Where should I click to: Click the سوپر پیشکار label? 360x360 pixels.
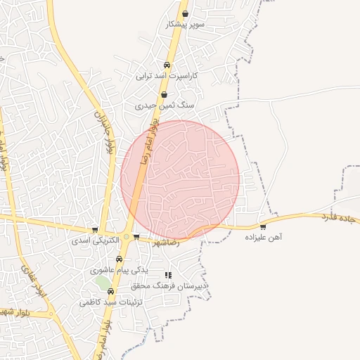[x=185, y=25]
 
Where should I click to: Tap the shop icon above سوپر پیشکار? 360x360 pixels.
[x=185, y=13]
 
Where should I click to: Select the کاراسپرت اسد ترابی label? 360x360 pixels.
[x=167, y=75]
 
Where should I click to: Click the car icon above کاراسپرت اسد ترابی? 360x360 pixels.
[x=167, y=64]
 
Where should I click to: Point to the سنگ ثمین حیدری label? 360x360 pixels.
[x=164, y=105]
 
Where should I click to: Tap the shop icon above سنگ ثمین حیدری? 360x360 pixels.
[x=164, y=95]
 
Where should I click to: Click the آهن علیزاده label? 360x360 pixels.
[x=263, y=238]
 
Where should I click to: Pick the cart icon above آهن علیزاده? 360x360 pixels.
[x=263, y=226]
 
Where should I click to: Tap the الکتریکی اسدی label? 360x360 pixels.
[x=96, y=240]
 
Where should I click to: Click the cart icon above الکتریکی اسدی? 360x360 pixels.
[x=95, y=230]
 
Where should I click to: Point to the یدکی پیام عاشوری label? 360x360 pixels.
[x=119, y=270]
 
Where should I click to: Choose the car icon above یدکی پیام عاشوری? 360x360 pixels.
[x=119, y=259]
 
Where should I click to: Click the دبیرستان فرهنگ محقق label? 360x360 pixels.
[x=168, y=286]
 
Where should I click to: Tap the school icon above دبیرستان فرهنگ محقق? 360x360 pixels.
[x=167, y=275]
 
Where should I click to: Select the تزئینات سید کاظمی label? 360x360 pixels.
[x=110, y=302]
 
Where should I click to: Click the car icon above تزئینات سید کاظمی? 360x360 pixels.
[x=110, y=291]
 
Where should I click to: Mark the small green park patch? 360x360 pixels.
[x=103, y=282]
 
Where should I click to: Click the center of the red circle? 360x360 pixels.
[x=180, y=180]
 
